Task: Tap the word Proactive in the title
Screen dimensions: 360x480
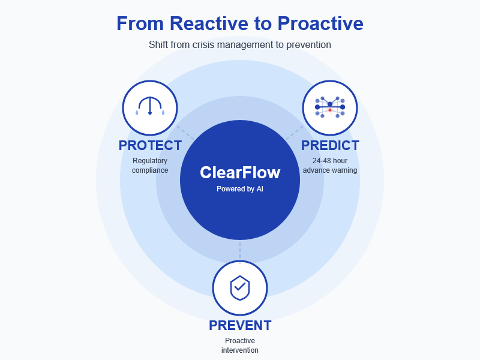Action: point(320,23)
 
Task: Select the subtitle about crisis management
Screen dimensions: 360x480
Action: point(240,44)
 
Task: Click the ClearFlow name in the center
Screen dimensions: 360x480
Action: point(240,173)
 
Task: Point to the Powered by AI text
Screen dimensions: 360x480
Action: point(240,189)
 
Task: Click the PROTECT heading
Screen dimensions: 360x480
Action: point(150,146)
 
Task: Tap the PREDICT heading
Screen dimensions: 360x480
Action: point(330,146)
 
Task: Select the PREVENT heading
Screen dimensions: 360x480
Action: point(240,326)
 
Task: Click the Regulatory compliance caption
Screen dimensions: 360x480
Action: point(150,166)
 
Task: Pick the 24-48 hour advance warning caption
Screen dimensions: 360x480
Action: point(330,166)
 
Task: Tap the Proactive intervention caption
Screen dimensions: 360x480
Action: point(240,346)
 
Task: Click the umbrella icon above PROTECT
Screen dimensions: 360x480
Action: point(150,106)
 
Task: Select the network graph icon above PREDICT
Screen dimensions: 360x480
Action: point(330,107)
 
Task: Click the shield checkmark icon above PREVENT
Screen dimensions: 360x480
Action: point(240,287)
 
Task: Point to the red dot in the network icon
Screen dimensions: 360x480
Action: point(330,110)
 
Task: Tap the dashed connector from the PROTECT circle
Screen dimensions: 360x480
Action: point(185,133)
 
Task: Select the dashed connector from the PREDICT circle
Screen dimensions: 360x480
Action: point(294,133)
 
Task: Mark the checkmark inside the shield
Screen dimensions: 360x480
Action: point(240,287)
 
